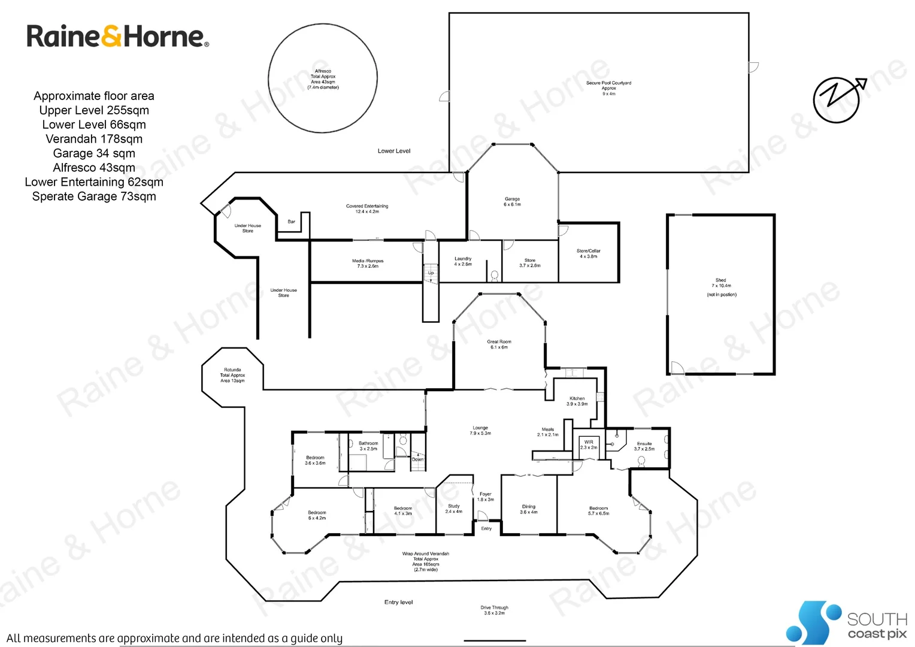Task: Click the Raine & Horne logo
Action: tap(117, 37)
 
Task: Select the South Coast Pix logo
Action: tap(847, 623)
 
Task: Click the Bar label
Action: tap(292, 222)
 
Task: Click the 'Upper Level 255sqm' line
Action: tap(94, 110)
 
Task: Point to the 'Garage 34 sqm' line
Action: tap(94, 153)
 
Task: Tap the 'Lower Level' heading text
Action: tap(394, 151)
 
